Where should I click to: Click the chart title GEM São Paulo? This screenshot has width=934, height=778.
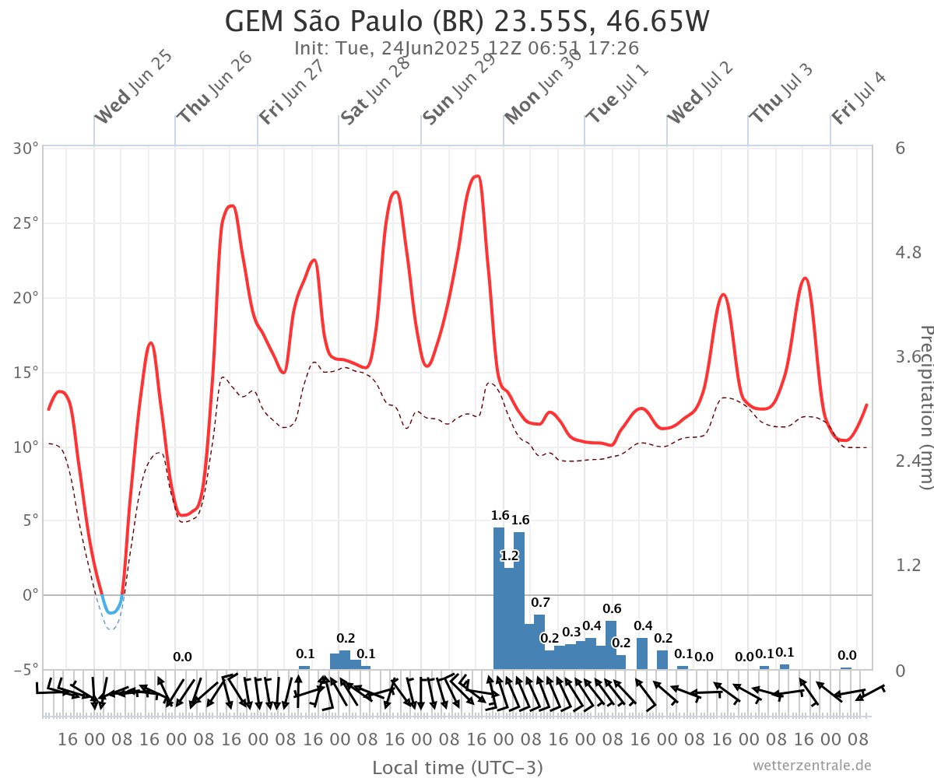point(467,21)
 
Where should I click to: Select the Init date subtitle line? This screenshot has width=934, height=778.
point(467,48)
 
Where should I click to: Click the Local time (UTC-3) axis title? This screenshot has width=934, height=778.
point(458,768)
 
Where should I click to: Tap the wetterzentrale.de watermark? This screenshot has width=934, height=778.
point(812,766)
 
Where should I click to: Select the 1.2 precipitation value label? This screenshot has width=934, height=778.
point(509,555)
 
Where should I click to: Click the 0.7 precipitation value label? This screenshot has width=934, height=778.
point(540,602)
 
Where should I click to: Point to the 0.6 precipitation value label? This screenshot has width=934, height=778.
point(612,608)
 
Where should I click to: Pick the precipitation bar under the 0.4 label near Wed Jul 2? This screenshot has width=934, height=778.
point(642,654)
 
